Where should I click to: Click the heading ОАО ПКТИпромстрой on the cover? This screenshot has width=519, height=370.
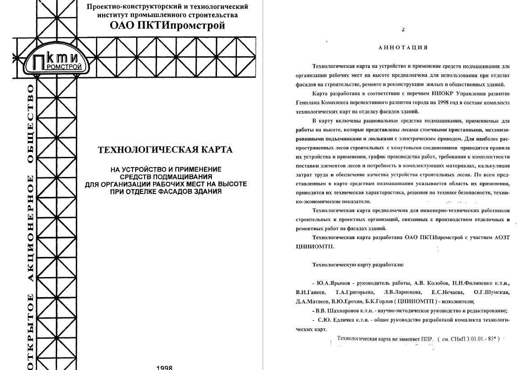tap(167, 25)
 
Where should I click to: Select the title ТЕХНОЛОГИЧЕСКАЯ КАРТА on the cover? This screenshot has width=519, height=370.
tap(165, 150)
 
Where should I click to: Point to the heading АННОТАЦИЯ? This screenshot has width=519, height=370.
tap(403, 47)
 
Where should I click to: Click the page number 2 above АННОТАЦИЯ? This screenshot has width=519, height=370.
tap(403, 30)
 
